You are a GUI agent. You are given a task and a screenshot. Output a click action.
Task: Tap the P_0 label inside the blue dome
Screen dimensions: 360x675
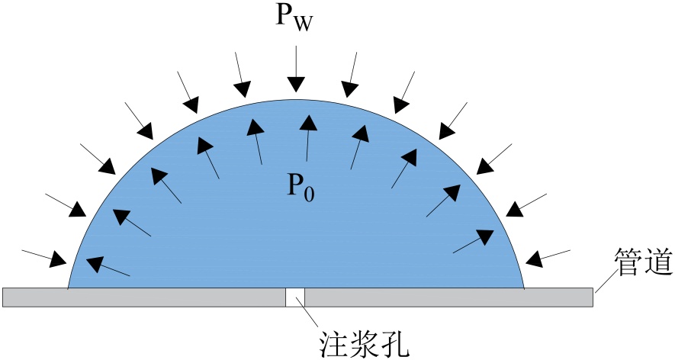(300, 186)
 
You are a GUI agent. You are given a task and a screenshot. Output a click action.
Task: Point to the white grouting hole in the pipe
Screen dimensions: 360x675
(295, 297)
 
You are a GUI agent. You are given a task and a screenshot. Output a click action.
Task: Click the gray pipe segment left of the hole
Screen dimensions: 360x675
(144, 297)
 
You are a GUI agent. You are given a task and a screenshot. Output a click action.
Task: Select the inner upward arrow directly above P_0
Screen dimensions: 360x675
(307, 137)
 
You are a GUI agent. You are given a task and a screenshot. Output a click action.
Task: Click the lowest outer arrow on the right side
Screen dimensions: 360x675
(549, 256)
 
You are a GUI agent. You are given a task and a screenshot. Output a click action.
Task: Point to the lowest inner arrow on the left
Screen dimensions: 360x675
(108, 268)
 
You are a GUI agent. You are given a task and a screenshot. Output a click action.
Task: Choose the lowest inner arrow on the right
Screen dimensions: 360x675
(472, 242)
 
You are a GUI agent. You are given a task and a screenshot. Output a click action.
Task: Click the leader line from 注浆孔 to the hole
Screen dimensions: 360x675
(312, 316)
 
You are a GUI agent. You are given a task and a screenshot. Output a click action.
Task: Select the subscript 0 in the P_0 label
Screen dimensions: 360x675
(307, 194)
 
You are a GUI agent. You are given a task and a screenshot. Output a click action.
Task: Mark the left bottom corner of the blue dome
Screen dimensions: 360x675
(69, 288)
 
